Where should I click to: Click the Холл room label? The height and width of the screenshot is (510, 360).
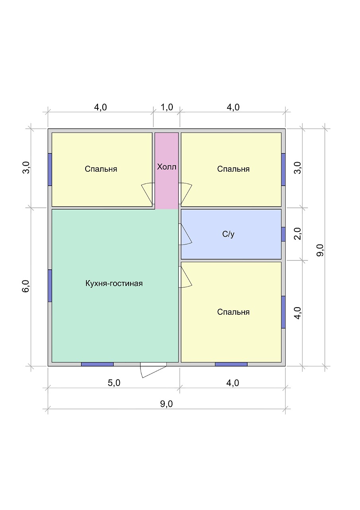click(x=166, y=167)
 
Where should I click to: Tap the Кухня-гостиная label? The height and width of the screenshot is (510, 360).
click(x=114, y=283)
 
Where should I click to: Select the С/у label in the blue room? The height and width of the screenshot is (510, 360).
click(x=228, y=234)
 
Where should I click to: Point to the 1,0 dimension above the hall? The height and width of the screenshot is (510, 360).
click(x=167, y=107)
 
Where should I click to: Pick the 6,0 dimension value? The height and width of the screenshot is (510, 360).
click(x=26, y=286)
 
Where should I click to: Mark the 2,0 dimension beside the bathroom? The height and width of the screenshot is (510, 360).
click(x=297, y=233)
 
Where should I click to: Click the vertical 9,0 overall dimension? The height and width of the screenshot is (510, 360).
click(x=320, y=250)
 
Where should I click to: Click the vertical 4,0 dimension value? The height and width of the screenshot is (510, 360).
click(x=297, y=313)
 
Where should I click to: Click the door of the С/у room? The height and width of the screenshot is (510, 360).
click(x=185, y=234)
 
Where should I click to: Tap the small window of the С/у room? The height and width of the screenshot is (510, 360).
click(x=283, y=234)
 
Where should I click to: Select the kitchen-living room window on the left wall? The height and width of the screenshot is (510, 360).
click(x=50, y=286)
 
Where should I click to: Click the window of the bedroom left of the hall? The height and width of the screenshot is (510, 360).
click(x=50, y=169)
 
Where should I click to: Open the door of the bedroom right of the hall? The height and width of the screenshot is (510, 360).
click(x=185, y=193)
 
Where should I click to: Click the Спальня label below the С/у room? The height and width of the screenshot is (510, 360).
click(x=233, y=312)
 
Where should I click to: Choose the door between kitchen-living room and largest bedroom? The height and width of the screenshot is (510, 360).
click(x=185, y=277)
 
